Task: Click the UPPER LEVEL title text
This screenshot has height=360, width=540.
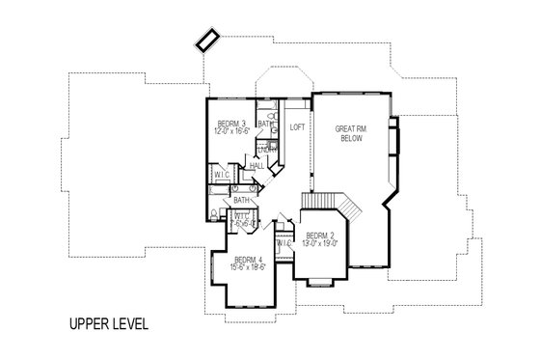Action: tap(108, 323)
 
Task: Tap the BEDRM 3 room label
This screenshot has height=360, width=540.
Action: tap(231, 124)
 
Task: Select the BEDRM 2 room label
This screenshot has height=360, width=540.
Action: tap(320, 236)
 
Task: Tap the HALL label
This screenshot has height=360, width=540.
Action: tap(256, 166)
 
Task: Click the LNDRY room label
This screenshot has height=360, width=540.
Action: tap(267, 150)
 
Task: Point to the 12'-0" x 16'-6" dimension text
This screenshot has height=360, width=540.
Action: tap(233, 131)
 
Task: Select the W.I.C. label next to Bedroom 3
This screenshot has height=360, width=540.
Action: tap(222, 175)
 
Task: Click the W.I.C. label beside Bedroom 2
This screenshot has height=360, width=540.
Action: tap(283, 243)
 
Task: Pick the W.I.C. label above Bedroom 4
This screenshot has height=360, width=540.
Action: tap(243, 218)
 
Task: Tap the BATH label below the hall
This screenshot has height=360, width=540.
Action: tap(243, 201)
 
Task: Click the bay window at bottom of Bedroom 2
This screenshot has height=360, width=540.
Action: tap(320, 280)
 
